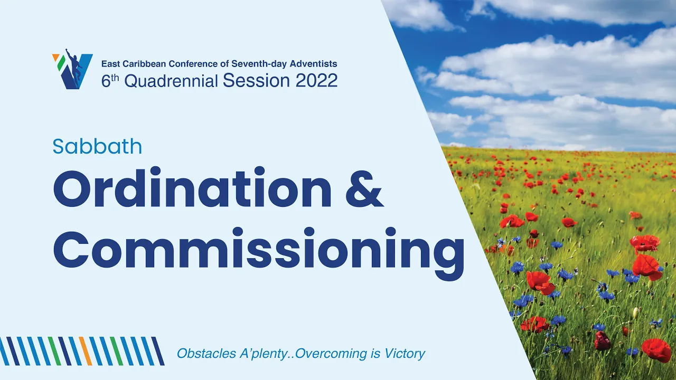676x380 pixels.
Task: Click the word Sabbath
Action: [x=97, y=146]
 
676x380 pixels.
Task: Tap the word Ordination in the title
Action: [x=192, y=187]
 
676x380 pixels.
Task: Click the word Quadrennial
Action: [x=171, y=81]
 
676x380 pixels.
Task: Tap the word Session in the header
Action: [x=257, y=81]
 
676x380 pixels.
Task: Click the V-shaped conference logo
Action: [x=72, y=69]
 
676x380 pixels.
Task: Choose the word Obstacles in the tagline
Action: [x=206, y=353]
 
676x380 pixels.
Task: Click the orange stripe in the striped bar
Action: [x=86, y=351]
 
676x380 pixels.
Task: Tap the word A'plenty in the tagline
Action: [x=263, y=354]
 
